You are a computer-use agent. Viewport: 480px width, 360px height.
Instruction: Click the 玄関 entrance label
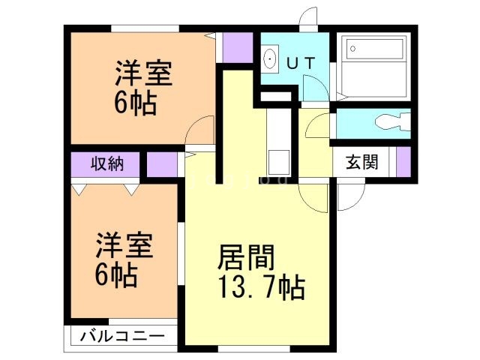tap(361, 162)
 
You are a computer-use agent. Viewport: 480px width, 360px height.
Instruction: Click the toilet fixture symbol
tap(392, 122)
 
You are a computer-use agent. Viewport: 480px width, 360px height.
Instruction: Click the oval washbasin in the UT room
tap(270, 58)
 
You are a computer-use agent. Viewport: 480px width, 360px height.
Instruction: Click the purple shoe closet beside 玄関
tap(403, 161)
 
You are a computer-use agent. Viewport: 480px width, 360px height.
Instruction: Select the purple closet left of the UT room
tap(238, 48)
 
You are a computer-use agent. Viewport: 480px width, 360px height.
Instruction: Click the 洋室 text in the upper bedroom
tap(144, 75)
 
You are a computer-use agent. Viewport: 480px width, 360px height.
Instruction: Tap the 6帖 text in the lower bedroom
tap(115, 275)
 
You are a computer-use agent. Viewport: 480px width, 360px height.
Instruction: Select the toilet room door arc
tap(318, 126)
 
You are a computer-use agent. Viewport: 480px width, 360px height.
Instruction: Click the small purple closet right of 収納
tap(161, 164)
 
